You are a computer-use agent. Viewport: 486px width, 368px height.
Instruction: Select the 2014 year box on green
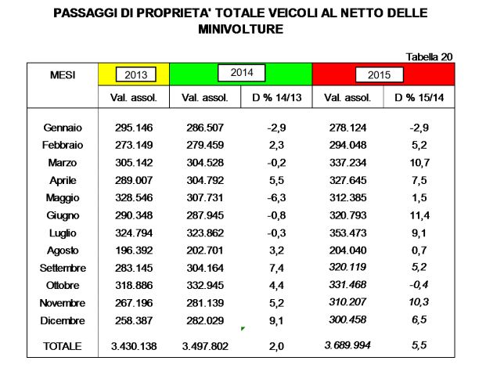240,74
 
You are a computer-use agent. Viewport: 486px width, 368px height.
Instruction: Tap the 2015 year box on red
379,75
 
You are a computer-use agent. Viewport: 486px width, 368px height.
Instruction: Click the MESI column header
63,74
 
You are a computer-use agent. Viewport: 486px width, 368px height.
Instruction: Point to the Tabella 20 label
429,56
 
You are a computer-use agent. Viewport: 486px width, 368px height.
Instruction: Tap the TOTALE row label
63,345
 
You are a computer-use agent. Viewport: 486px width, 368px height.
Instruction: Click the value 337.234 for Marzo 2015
351,162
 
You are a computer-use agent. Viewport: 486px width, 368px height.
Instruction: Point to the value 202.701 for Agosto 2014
205,250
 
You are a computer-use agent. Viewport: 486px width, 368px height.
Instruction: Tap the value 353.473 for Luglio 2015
351,233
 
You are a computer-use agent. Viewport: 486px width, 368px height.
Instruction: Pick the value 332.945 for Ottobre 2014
205,285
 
